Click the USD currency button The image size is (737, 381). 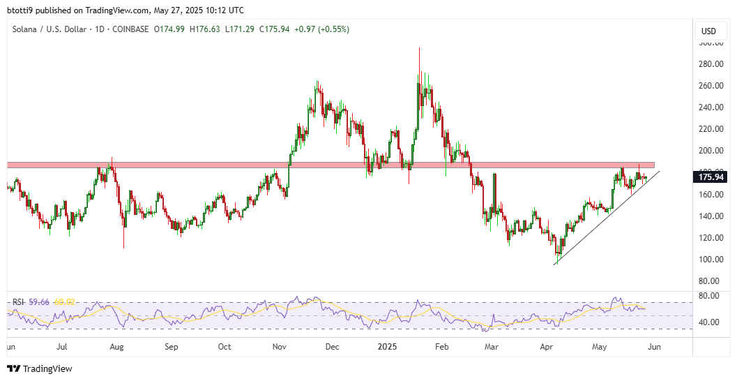click(x=708, y=31)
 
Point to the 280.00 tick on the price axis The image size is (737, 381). click(x=709, y=64)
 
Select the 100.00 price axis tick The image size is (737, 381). click(x=709, y=260)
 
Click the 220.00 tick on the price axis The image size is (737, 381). click(x=709, y=129)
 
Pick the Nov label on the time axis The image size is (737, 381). click(x=279, y=346)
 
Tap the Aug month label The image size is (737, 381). click(x=116, y=346)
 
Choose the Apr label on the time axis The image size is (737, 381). click(x=547, y=346)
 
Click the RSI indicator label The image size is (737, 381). click(x=18, y=301)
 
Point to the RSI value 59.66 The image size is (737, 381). click(x=38, y=301)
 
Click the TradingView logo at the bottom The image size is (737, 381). click(x=40, y=368)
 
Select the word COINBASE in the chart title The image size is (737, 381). click(x=130, y=29)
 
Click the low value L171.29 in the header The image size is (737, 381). click(x=240, y=29)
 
